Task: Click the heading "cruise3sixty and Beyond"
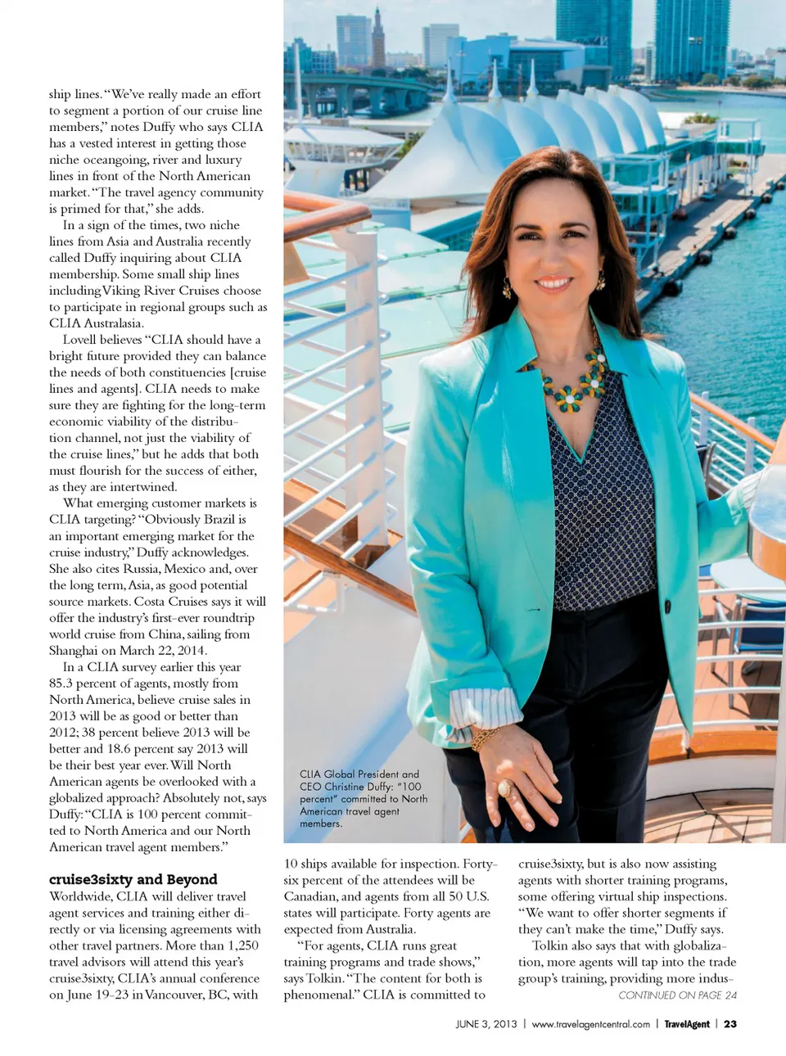click(133, 879)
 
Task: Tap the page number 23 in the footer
click(730, 1024)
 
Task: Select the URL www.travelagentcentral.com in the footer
click(590, 1024)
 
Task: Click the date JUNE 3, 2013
click(486, 1024)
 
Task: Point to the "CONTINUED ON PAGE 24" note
click(677, 995)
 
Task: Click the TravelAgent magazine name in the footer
click(686, 1024)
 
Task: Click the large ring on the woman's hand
click(504, 787)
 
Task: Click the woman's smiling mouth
click(553, 283)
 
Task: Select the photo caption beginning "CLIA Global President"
click(363, 798)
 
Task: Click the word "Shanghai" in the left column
click(73, 651)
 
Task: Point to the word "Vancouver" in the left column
click(172, 995)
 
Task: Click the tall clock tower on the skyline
click(378, 37)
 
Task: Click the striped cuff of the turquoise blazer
click(486, 706)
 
